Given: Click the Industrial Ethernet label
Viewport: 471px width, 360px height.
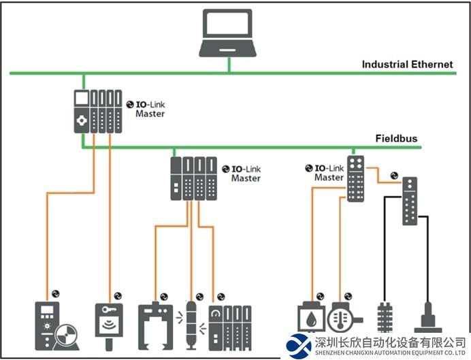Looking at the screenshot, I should coord(407,65).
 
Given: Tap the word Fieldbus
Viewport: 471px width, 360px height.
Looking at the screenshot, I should coord(396,139).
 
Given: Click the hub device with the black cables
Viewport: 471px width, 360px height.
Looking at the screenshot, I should coord(410,200).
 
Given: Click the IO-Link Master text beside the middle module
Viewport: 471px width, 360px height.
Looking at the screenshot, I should coord(246,173).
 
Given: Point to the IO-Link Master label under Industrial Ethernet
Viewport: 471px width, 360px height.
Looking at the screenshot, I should coord(150,109).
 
